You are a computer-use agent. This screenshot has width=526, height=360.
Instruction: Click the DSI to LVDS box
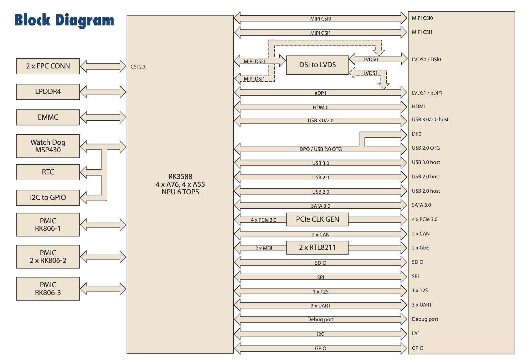[317, 65]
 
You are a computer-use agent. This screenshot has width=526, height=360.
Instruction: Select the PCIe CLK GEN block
[317, 219]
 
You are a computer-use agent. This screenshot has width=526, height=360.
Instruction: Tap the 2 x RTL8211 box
[317, 247]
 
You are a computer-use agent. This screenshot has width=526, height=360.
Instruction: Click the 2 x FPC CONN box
[48, 66]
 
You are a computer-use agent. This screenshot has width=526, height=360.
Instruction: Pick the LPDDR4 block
[48, 92]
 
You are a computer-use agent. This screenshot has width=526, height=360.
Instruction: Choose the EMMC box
[48, 117]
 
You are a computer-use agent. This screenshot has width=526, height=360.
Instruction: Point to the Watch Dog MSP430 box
[48, 146]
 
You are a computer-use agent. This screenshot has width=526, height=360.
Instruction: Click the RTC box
[48, 172]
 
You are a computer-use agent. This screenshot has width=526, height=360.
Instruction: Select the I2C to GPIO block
[48, 198]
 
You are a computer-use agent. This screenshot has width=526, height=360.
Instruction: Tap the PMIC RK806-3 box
[48, 289]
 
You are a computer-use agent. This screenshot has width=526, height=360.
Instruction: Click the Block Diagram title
[64, 20]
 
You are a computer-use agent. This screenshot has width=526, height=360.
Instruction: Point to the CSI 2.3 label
[138, 67]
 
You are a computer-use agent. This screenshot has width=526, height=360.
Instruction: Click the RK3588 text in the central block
[180, 177]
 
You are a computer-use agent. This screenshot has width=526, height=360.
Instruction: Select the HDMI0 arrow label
[320, 107]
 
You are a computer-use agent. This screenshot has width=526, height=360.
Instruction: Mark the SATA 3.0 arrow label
[320, 206]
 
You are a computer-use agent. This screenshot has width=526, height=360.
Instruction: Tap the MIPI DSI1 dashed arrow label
[254, 79]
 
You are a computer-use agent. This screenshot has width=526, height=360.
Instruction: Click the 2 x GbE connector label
[420, 248]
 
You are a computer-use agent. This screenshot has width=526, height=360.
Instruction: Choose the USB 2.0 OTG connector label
[425, 148]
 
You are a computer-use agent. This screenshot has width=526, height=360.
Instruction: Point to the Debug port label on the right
[425, 319]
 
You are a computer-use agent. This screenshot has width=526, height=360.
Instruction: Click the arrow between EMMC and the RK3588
[103, 117]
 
